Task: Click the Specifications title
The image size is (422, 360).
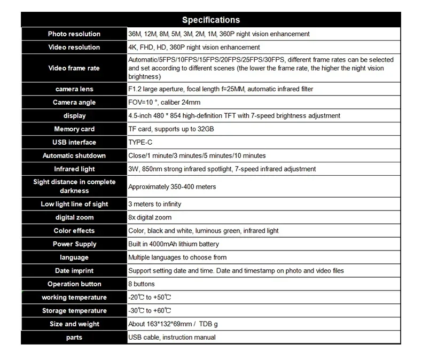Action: pyautogui.click(x=211, y=20)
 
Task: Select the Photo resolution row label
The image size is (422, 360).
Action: pyautogui.click(x=74, y=34)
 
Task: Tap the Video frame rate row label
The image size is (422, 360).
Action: pyautogui.click(x=74, y=68)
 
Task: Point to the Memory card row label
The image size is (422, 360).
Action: pyautogui.click(x=74, y=129)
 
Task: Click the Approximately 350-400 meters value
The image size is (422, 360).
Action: pyautogui.click(x=172, y=186)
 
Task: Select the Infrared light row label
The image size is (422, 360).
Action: pyautogui.click(x=74, y=169)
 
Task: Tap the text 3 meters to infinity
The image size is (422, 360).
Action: pyautogui.click(x=155, y=204)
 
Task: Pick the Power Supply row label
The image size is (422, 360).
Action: pyautogui.click(x=74, y=244)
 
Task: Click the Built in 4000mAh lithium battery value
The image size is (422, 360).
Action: pyautogui.click(x=174, y=244)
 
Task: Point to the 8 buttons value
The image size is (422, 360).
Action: pyautogui.click(x=142, y=284)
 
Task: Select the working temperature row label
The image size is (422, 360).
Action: pyautogui.click(x=74, y=298)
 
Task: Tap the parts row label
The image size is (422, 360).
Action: pyautogui.click(x=74, y=338)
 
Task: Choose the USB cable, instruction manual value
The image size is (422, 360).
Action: pyautogui.click(x=172, y=338)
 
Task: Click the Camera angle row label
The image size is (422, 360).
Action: pyautogui.click(x=74, y=102)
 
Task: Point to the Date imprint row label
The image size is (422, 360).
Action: pyautogui.click(x=74, y=271)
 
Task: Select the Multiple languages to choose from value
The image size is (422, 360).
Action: pyautogui.click(x=177, y=257)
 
